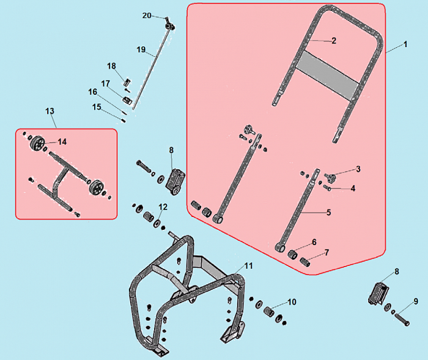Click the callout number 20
coord(147,15)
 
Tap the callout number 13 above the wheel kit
coord(50,111)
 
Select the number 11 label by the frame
coord(248,265)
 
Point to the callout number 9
coord(416,301)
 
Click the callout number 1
coord(405,44)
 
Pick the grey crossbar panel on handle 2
coord(327,75)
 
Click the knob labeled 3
coord(331,178)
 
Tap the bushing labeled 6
coord(293,255)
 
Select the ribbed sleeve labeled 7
coord(305,262)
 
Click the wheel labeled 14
coord(37,143)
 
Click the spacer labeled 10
coord(268,311)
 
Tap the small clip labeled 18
coord(127,82)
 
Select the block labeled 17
coord(127,100)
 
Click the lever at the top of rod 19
coord(170,24)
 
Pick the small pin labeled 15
coord(124,120)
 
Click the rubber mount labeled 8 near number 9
coord(378,294)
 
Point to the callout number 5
coord(328,212)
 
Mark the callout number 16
coord(92,92)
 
